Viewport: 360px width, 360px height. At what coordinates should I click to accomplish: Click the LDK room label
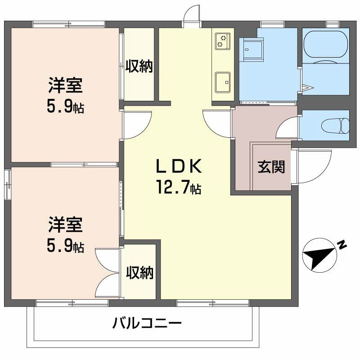pos(178,167)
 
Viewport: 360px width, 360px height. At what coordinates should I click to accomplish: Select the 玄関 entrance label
pos(271,167)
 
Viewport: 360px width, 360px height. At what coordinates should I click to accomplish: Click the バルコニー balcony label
pos(147,323)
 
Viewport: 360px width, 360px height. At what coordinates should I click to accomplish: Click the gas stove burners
pos(222,40)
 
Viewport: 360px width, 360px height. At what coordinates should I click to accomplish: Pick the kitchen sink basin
pos(223,81)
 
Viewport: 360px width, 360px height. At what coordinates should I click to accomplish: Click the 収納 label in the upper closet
pos(139,66)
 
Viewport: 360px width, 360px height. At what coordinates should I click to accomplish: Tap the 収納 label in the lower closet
pos(139,272)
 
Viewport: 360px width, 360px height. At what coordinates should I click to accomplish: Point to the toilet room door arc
pos(287,128)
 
